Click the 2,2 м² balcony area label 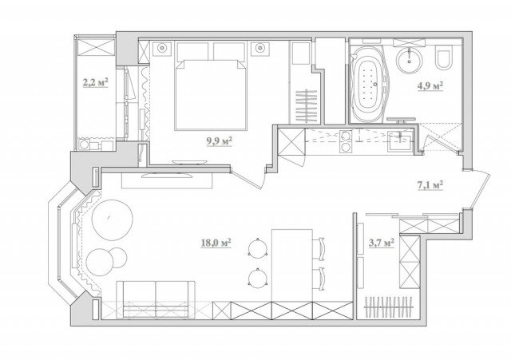(96, 82)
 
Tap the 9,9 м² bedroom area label (220, 140)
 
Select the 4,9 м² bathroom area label (430, 86)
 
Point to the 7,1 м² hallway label (430, 185)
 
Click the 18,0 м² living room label (216, 243)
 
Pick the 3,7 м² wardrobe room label (382, 243)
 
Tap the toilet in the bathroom (444, 57)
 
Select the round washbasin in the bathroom (410, 61)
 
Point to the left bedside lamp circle (161, 48)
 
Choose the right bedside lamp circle (259, 48)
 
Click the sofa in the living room (156, 299)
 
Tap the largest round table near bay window (113, 220)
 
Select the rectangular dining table (292, 266)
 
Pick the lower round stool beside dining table (258, 278)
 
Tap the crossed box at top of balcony (96, 48)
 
